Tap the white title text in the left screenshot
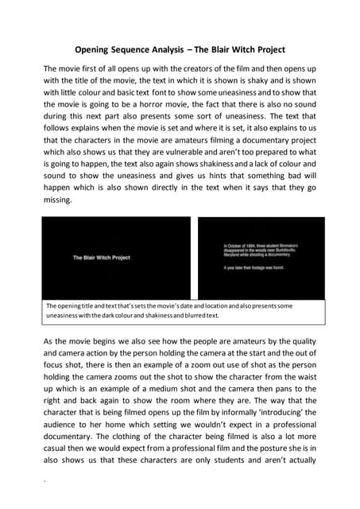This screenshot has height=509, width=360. (x=101, y=258)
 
